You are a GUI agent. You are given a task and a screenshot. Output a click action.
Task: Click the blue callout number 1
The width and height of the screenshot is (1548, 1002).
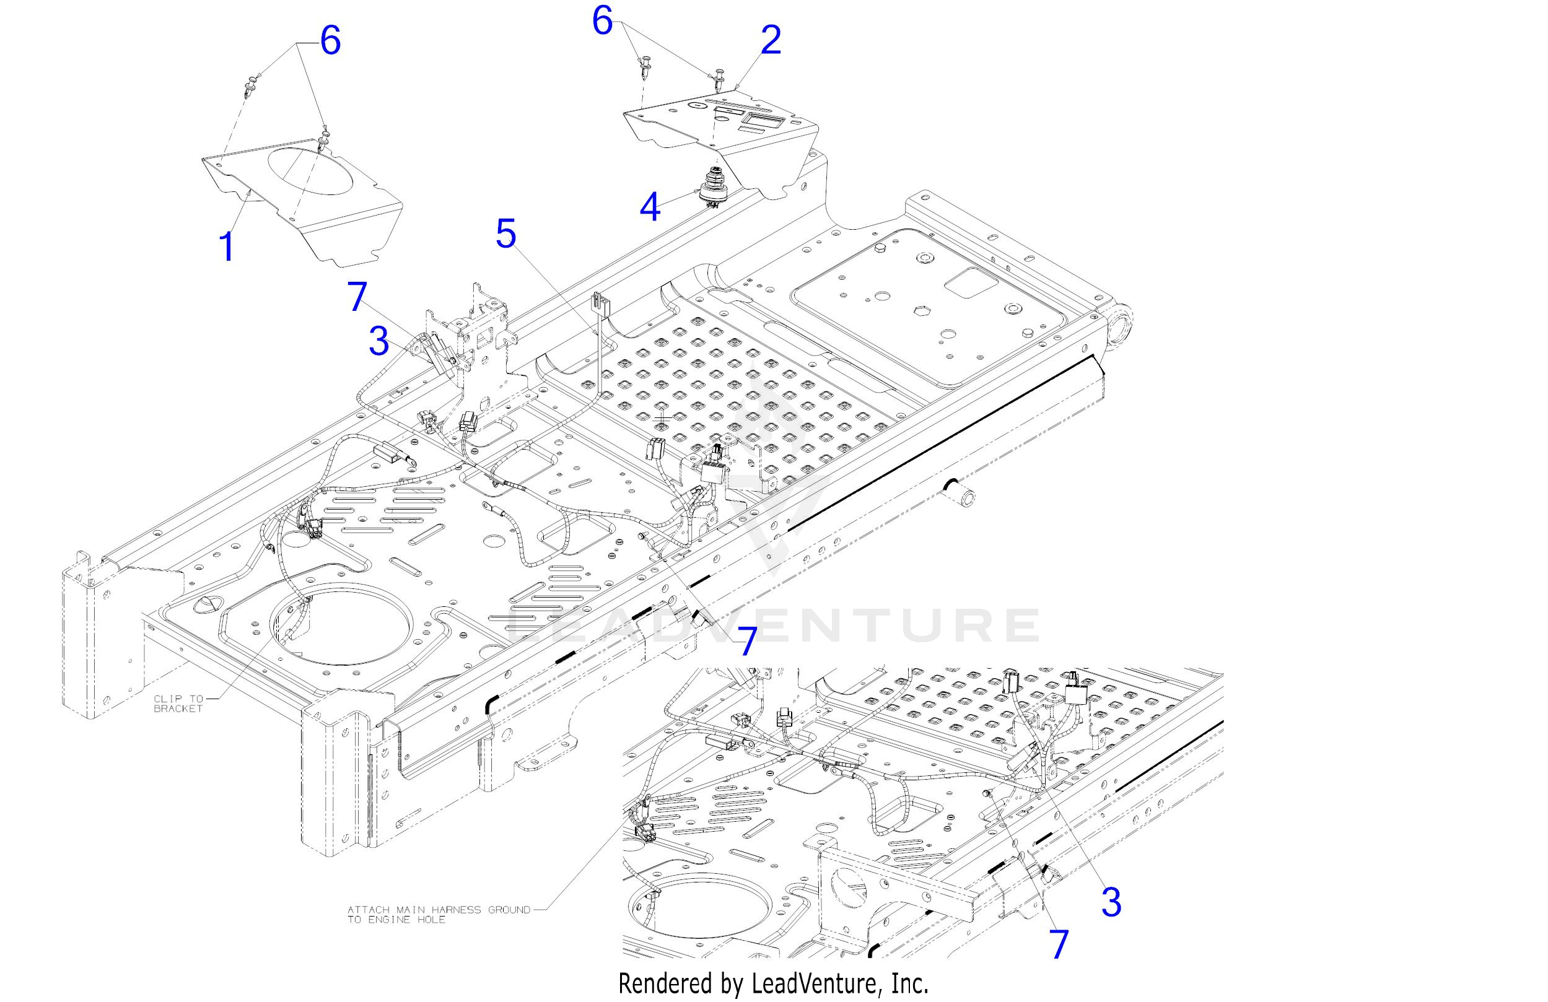(226, 247)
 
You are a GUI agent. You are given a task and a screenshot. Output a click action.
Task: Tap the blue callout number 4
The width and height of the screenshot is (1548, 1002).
(650, 207)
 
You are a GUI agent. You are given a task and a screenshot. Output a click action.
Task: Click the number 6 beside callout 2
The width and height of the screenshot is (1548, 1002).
(602, 22)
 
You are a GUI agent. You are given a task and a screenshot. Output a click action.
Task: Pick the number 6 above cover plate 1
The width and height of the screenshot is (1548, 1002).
(330, 41)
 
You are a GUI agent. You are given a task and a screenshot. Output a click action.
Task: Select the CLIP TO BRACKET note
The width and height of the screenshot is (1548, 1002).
(178, 704)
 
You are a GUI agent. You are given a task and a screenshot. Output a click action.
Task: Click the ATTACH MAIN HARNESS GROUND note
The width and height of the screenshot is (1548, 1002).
(439, 914)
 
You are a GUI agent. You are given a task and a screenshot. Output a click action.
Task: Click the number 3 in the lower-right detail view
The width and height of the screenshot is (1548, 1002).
(1111, 902)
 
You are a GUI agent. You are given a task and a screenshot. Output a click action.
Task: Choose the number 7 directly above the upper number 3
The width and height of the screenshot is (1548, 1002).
(358, 297)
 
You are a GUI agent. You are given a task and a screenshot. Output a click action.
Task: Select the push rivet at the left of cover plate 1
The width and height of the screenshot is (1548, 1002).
(251, 85)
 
